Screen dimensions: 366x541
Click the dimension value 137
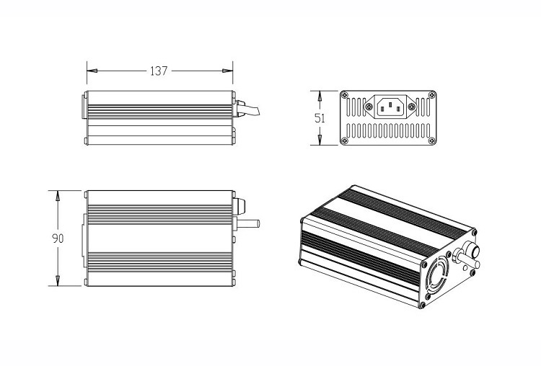(159, 71)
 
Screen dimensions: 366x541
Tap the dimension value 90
(58, 238)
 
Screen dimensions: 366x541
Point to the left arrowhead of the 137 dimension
(91, 71)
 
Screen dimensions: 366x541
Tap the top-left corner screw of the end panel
(346, 96)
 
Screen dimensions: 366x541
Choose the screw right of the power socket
(413, 107)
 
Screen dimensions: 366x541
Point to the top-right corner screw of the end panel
(432, 96)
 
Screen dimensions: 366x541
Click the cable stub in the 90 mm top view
(249, 223)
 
